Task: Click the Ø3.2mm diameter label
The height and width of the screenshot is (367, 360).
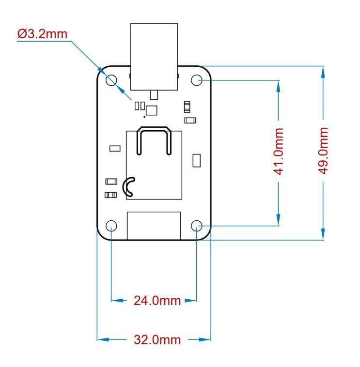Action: (x=42, y=34)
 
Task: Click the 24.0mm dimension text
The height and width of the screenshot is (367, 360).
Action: (x=157, y=301)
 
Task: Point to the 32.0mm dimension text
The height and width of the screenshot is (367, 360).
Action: (x=157, y=340)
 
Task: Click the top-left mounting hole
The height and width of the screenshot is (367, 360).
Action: (x=111, y=80)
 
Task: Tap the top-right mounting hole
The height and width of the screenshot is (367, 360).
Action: (x=197, y=80)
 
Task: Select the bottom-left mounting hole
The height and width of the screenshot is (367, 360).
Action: (x=111, y=226)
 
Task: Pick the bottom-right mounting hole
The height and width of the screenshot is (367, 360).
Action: (x=197, y=226)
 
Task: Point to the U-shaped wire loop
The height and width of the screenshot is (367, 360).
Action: (x=154, y=140)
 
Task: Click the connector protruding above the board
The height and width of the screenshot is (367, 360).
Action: (x=154, y=56)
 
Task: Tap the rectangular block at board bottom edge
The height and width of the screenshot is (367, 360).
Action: (x=154, y=225)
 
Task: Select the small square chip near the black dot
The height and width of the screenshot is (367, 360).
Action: (x=152, y=110)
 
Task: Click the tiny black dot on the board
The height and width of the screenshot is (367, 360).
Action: (x=144, y=116)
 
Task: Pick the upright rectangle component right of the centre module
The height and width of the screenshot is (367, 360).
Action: (x=197, y=160)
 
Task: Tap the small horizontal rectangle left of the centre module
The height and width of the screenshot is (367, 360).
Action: (x=115, y=148)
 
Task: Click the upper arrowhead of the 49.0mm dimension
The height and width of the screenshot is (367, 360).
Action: (x=323, y=71)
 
